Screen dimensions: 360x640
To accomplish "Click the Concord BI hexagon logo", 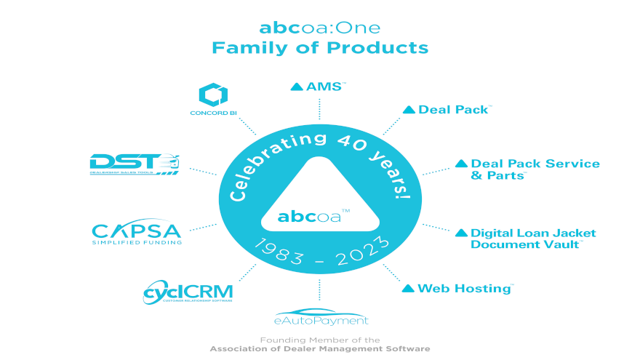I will pos(213,95).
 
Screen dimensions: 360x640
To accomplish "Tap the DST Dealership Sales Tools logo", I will pos(135,164).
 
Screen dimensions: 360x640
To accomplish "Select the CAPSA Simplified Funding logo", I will pos(137,233).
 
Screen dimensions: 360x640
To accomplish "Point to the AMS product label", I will pos(324,87).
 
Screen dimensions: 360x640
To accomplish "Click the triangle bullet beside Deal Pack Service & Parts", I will pos(461,164).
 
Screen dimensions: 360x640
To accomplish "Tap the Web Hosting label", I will pos(465,288).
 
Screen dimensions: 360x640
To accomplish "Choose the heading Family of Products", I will pos(320,48).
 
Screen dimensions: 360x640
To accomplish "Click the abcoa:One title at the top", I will pos(320,28).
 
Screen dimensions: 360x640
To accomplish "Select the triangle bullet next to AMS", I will pos(296,87).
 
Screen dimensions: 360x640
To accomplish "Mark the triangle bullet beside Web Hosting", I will pos(408,289).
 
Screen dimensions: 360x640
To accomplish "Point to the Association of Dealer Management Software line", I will pos(320,349).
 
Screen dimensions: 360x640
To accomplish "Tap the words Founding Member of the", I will pos(320,340).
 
